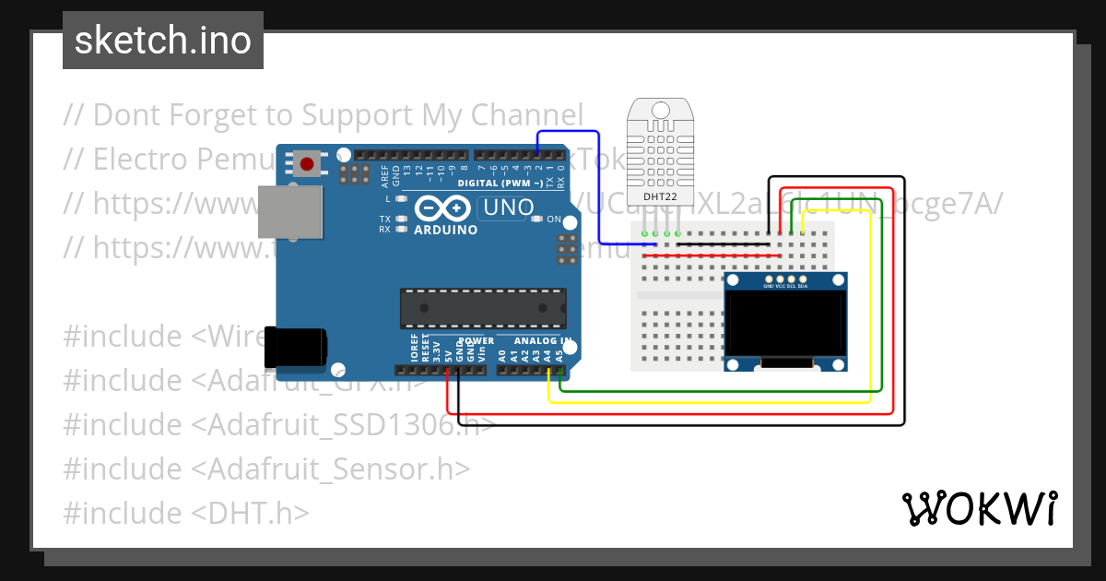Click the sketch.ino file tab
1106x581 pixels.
click(x=163, y=41)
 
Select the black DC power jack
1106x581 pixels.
click(x=294, y=347)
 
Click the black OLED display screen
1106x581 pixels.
click(x=784, y=324)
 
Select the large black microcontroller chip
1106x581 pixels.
click(x=482, y=308)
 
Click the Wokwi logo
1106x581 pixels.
click(x=979, y=508)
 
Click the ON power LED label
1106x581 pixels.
click(x=554, y=219)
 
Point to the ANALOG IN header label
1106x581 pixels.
click(x=543, y=341)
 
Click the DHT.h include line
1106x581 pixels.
click(x=185, y=514)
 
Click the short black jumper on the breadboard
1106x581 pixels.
click(x=723, y=244)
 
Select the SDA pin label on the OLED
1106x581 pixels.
click(x=803, y=287)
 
